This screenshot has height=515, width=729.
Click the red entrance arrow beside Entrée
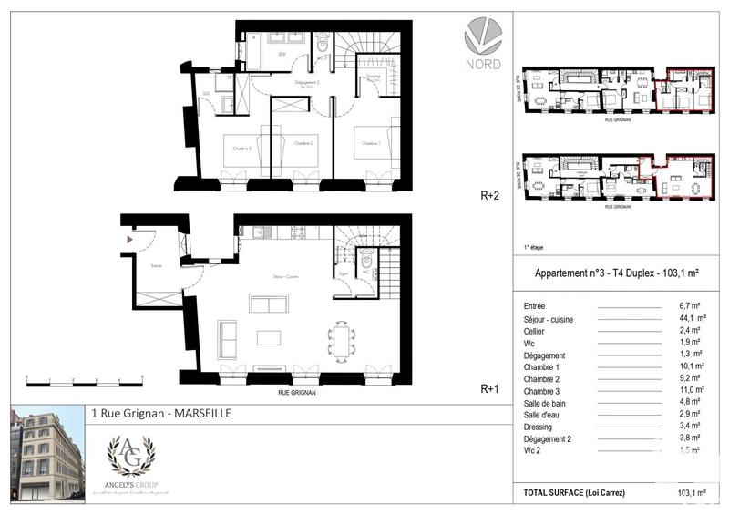130,239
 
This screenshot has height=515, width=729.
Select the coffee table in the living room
269,337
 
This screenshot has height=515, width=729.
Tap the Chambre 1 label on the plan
369,143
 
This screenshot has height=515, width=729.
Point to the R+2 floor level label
491,195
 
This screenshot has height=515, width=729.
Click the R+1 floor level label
491,388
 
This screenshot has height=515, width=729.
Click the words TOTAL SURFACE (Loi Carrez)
574,492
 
